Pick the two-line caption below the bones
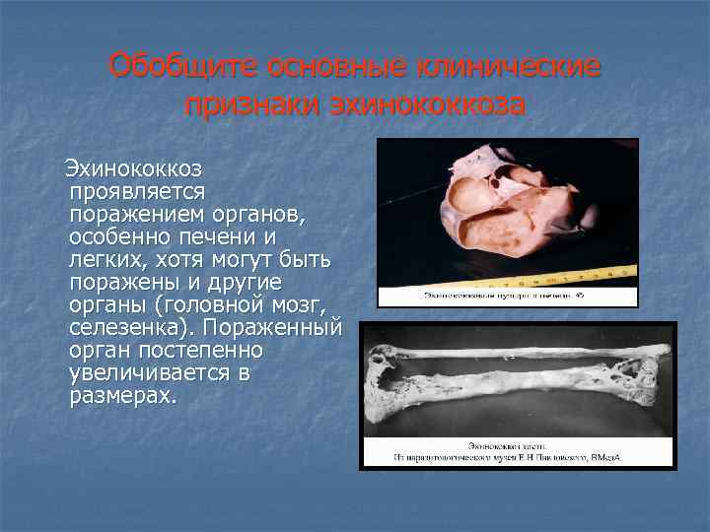pos(517,451)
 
